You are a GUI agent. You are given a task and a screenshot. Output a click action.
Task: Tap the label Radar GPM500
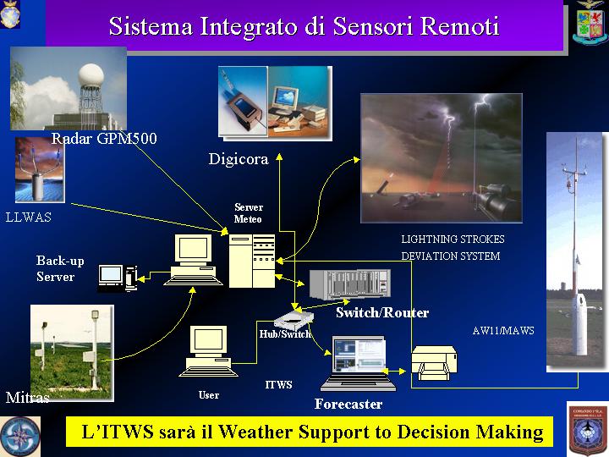tap(104, 138)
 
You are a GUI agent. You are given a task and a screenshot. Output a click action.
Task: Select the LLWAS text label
tap(29, 217)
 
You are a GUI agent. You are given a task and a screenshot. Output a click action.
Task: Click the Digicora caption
tap(239, 159)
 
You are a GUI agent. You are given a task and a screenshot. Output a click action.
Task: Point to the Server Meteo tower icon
tap(252, 261)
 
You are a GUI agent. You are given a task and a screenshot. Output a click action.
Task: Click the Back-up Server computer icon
tap(118, 278)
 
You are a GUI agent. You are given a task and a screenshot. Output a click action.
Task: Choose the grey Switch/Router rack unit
tap(350, 284)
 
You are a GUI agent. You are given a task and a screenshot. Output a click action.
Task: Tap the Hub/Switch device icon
tap(294, 320)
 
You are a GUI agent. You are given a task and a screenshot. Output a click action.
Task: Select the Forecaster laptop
tap(358, 363)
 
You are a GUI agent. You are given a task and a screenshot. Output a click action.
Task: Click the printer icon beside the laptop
tap(434, 363)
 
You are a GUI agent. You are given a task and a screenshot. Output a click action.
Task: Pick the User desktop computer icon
tap(208, 351)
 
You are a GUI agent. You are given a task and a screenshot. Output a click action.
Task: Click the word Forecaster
tap(348, 405)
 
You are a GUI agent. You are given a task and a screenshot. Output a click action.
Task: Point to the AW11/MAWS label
tap(503, 331)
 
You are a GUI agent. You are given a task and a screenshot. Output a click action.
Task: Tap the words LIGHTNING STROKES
tap(453, 239)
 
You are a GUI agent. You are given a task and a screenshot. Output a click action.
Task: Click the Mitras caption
tap(27, 397)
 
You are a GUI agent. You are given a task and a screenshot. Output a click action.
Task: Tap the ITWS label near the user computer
tap(278, 385)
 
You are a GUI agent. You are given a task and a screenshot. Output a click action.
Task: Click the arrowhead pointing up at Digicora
tap(279, 157)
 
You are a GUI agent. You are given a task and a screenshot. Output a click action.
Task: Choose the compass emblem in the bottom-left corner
tap(19, 436)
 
